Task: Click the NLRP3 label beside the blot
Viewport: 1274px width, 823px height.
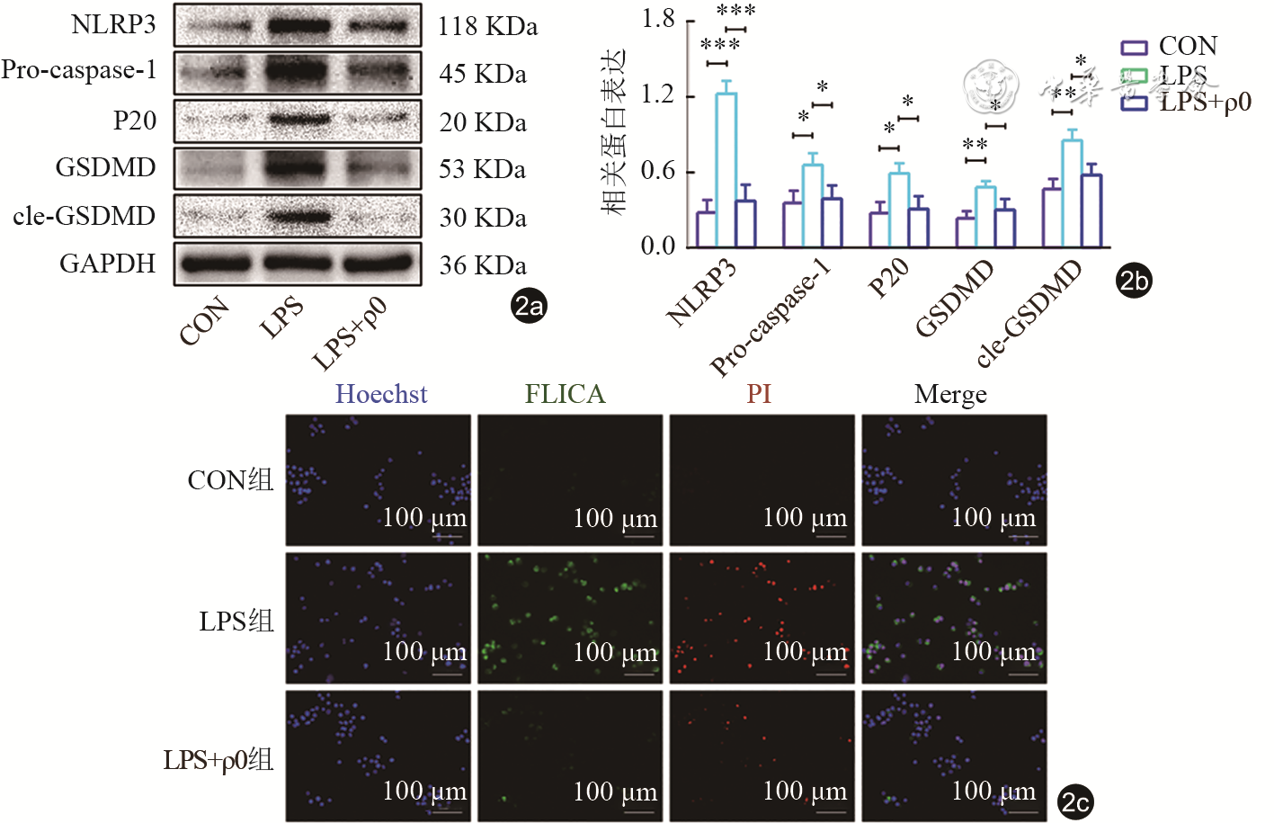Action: coord(113,24)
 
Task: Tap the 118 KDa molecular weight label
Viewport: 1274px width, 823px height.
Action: coord(487,26)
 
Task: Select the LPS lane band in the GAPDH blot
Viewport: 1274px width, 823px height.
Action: coord(298,264)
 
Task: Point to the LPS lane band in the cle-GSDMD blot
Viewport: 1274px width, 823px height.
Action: coord(298,216)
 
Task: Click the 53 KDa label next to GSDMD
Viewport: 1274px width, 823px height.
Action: coord(482,169)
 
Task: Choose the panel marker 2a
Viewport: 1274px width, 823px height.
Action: coord(529,306)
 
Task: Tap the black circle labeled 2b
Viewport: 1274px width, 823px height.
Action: coord(1134,281)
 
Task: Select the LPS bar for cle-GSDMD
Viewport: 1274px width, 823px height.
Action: coord(1072,193)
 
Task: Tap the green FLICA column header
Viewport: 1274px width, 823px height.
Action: coord(565,394)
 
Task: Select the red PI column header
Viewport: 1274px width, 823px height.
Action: coord(759,394)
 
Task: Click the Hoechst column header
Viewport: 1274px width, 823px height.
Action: coord(381,394)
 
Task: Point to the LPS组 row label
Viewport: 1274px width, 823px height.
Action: coord(236,621)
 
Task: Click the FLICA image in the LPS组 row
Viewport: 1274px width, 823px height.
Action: coord(570,618)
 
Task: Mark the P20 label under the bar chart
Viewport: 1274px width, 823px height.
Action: coord(888,278)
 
